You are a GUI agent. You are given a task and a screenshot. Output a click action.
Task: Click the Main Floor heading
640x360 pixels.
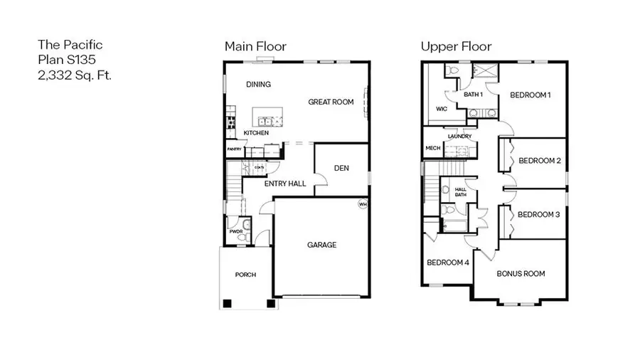coord(255,46)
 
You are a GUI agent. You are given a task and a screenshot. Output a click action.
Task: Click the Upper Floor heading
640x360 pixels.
coord(456,46)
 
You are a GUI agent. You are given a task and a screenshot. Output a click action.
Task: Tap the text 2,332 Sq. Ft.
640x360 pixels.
coord(75,74)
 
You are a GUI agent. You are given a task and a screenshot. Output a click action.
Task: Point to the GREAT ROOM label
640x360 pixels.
coord(331,102)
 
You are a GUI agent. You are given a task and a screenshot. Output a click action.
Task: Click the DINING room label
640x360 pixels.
coord(258,85)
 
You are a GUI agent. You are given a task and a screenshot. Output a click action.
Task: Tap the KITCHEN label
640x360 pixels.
coord(256,133)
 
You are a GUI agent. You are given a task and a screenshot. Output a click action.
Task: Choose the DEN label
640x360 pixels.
coord(340,169)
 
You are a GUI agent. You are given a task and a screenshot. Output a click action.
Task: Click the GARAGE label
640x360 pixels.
coord(321,245)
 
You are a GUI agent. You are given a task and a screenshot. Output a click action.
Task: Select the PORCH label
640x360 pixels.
coord(245,275)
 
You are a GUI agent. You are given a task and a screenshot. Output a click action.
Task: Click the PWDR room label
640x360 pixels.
coord(236,231)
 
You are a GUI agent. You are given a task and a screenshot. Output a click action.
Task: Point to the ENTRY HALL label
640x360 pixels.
coord(285,184)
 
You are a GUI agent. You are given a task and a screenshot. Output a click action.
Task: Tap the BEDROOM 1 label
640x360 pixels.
coord(530,95)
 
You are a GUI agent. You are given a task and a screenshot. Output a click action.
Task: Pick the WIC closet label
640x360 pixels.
coord(442,110)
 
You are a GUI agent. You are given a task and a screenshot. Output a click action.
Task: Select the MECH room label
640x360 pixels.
coord(432,148)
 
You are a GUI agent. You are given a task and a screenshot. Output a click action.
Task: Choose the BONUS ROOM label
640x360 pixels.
coord(521,273)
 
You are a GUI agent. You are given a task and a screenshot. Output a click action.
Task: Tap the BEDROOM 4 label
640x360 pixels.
coord(448,262)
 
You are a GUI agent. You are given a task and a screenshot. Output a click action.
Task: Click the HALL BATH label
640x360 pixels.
coord(460,191)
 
